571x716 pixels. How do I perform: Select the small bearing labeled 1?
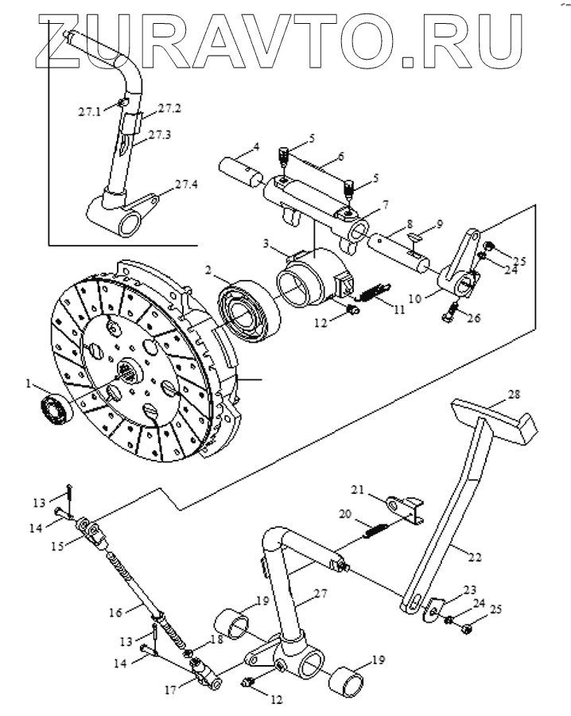click(56, 409)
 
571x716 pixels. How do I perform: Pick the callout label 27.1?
click(89, 112)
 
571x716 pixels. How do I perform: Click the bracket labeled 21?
click(403, 509)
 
